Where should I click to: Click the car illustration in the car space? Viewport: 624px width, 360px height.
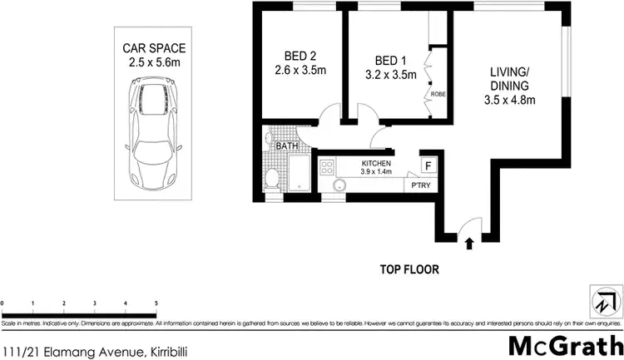pyautogui.click(x=155, y=126)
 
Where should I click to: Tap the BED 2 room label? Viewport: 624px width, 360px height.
pyautogui.click(x=300, y=64)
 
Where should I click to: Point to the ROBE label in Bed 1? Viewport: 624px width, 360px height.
pyautogui.click(x=438, y=95)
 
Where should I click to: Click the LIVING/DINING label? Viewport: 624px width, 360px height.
pyautogui.click(x=511, y=86)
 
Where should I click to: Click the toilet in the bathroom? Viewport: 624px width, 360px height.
pyautogui.click(x=271, y=175)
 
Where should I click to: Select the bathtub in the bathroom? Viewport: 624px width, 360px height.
pyautogui.click(x=298, y=175)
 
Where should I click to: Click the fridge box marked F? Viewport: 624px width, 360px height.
pyautogui.click(x=428, y=165)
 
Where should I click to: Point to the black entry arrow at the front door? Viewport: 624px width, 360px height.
pyautogui.click(x=469, y=244)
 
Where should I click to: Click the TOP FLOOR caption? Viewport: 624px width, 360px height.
pyautogui.click(x=409, y=269)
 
